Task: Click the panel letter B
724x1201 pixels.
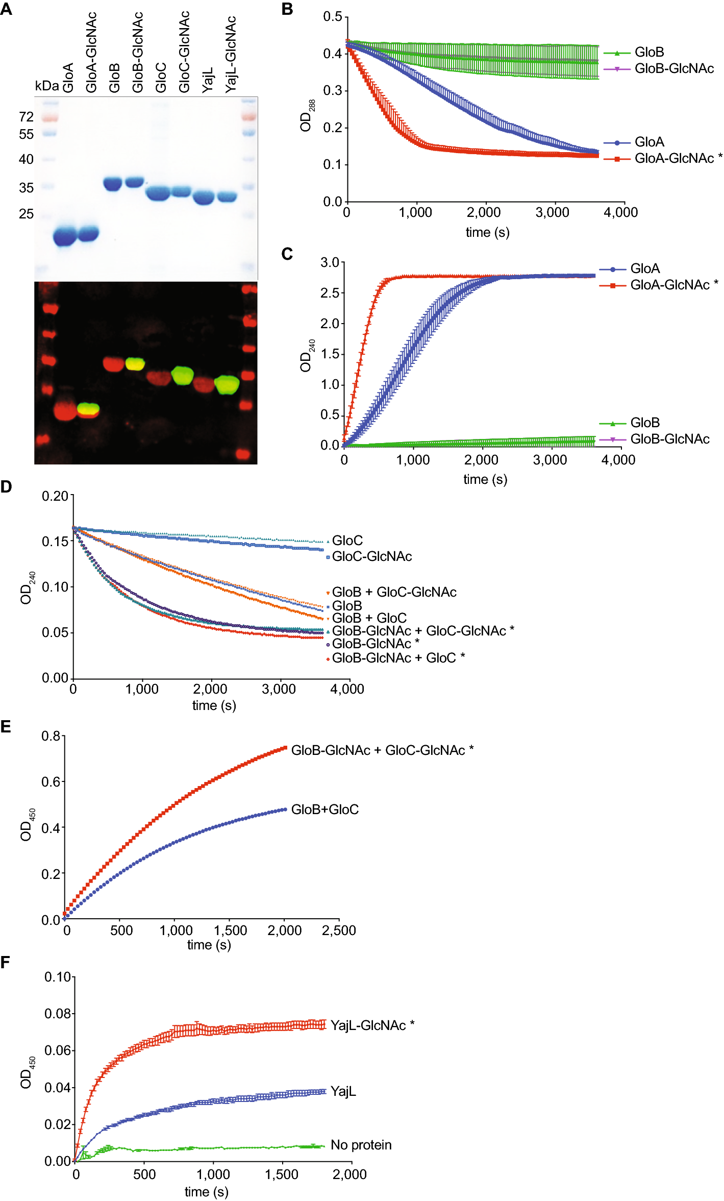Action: point(287,9)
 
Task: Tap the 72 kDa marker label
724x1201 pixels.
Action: point(26,117)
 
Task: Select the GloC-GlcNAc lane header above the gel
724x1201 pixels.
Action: point(184,51)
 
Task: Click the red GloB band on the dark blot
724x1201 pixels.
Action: point(113,364)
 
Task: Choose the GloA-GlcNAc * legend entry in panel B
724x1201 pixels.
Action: point(678,159)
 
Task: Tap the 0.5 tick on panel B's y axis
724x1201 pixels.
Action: point(333,17)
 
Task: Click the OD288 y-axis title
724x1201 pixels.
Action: point(307,116)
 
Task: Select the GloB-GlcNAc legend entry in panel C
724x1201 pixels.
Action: point(669,439)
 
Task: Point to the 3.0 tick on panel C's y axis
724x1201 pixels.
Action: point(330,263)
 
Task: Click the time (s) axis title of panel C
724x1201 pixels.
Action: point(485,479)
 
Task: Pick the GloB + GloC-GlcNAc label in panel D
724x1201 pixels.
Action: point(394,592)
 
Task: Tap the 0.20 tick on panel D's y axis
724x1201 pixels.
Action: point(55,496)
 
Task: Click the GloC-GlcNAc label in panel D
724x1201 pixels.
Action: point(371,556)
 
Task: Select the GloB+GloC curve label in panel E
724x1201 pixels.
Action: point(324,810)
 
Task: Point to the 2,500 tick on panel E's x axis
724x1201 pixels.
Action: point(339,930)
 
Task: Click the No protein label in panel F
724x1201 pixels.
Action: point(361,1145)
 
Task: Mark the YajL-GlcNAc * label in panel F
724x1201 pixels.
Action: point(372,1025)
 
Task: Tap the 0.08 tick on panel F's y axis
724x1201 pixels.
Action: point(57,1014)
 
